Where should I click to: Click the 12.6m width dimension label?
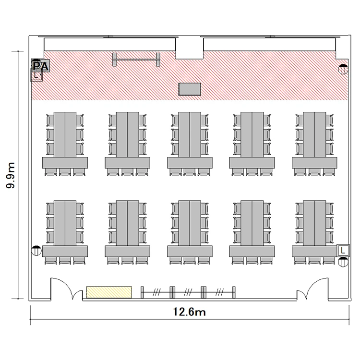click(189, 312)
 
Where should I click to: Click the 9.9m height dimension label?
click(11, 175)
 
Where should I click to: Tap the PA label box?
click(41, 66)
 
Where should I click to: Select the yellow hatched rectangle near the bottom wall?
click(109, 292)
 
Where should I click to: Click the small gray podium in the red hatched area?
click(190, 89)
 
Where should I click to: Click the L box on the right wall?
click(343, 250)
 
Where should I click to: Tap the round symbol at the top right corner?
click(343, 69)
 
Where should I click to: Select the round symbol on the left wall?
click(36, 251)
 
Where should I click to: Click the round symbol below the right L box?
click(343, 262)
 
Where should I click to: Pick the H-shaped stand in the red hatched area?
click(136, 60)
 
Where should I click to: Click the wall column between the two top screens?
click(190, 48)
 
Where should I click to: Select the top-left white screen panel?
click(110, 45)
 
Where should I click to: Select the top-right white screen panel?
click(270, 45)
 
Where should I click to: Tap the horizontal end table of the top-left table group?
click(65, 163)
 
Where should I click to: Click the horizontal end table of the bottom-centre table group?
click(190, 251)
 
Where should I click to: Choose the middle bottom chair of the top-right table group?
click(314, 172)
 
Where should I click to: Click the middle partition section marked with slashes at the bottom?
click(188, 292)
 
